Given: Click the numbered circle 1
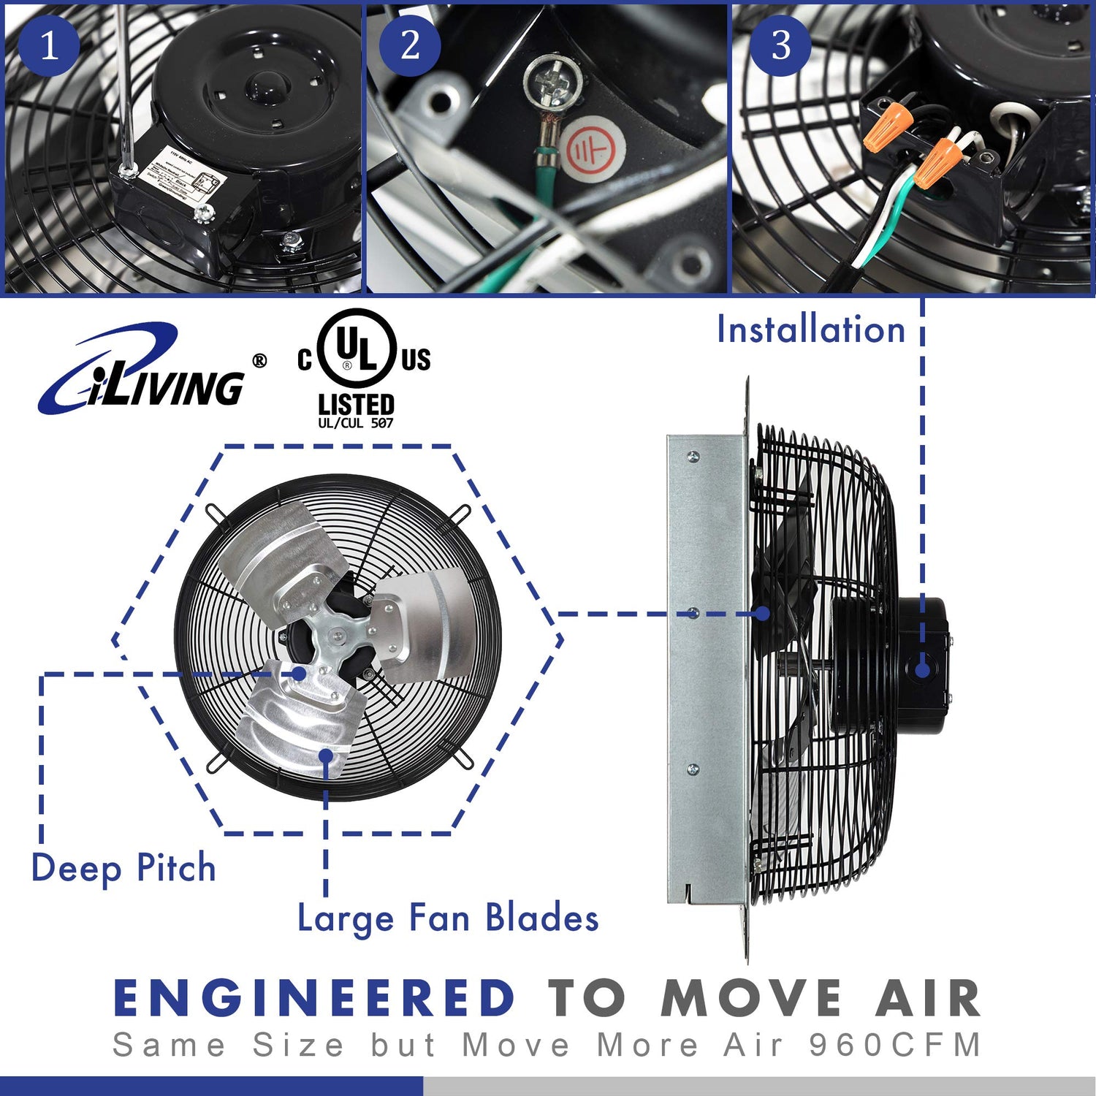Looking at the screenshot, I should tap(49, 45).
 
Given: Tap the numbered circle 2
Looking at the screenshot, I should tap(410, 45).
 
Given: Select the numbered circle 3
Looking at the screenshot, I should tap(781, 45).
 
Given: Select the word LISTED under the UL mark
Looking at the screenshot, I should tap(356, 404).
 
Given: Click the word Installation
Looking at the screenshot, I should tap(811, 330).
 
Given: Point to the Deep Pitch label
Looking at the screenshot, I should tap(123, 869).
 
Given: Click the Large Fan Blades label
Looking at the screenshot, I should tap(448, 918).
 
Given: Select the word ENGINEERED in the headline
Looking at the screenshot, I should tap(315, 998).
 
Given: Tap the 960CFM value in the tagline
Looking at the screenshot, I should tap(896, 1045).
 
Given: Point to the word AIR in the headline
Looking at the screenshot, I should tap(928, 998).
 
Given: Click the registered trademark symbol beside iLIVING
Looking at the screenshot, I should tap(259, 361).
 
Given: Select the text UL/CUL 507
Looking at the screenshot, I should tap(356, 423).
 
